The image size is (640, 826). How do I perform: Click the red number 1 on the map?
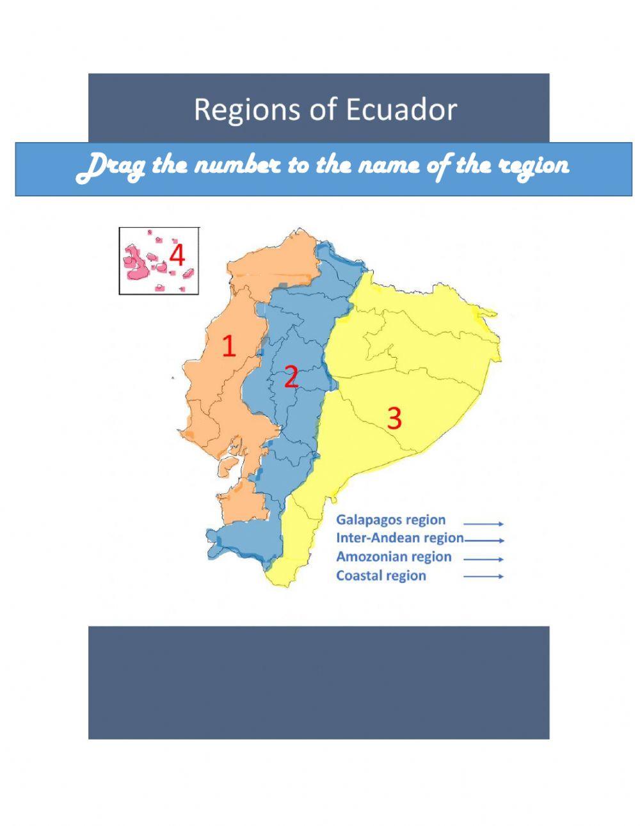pos(228,346)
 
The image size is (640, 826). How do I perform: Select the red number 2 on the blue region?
pos(291,377)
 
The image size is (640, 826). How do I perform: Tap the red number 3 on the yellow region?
pos(394,418)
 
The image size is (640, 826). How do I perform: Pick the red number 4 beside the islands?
pos(177,256)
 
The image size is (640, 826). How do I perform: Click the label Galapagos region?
pos(391,520)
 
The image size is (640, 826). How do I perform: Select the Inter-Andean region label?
pos(399,538)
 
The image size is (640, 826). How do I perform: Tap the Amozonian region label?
pos(394,557)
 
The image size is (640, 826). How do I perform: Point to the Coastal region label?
pos(381,576)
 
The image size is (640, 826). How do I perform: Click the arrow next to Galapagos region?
pos(484,523)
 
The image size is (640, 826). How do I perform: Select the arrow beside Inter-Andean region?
pos(484,541)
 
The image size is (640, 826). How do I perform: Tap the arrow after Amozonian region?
pos(484,559)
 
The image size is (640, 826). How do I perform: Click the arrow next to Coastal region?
pos(484,576)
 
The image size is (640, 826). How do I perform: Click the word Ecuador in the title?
pos(401,109)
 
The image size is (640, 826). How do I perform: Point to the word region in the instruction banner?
pos(534,166)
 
